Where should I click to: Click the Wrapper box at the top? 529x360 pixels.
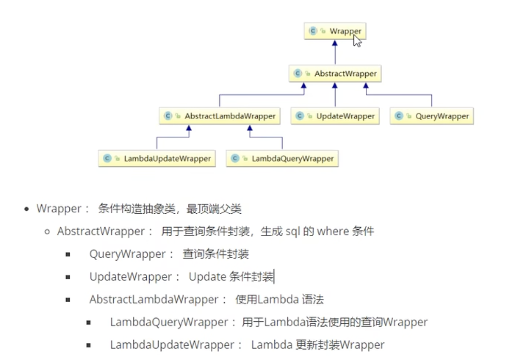click(335, 31)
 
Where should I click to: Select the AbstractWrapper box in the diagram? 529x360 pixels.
click(335, 74)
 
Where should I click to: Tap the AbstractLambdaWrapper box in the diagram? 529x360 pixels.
click(219, 116)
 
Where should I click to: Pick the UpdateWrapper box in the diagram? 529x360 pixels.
click(335, 116)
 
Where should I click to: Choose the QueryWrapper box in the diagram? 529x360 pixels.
click(431, 116)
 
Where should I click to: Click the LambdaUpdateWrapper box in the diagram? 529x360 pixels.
click(157, 158)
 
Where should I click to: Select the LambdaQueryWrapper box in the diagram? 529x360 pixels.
click(282, 158)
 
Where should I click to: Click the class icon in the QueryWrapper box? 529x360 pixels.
click(398, 116)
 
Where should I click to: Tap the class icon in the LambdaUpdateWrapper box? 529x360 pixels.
click(107, 158)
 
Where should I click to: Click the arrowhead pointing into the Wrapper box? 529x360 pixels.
click(335, 43)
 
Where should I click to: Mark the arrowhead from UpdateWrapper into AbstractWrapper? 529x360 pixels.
click(335, 86)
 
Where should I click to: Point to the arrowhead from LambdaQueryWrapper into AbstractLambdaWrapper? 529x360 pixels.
click(250, 128)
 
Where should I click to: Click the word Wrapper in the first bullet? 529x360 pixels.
click(59, 209)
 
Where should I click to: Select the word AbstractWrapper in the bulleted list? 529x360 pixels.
click(101, 231)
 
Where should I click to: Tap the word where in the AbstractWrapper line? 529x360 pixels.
click(333, 231)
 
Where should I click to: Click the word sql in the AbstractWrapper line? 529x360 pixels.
click(292, 232)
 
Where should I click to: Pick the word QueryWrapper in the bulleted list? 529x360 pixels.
click(127, 254)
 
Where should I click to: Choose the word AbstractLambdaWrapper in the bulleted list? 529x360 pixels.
click(154, 299)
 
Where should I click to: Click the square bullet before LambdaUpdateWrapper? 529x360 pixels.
click(89, 345)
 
